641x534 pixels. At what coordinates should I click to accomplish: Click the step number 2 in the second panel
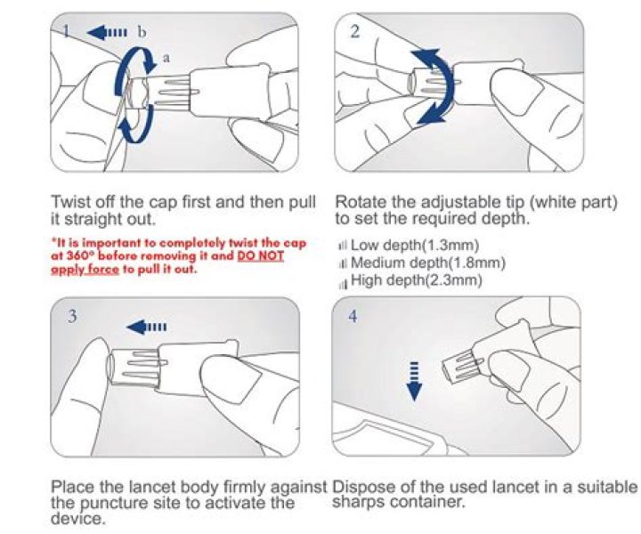tap(355, 31)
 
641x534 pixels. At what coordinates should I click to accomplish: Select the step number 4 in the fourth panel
tap(353, 316)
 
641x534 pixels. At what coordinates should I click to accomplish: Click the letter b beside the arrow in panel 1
tap(142, 32)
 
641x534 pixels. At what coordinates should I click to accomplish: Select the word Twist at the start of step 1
tap(72, 202)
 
